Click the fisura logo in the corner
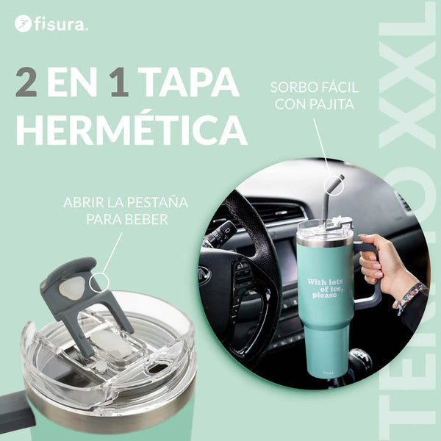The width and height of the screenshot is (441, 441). [x=51, y=24]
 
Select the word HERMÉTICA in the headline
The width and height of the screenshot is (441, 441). [x=131, y=129]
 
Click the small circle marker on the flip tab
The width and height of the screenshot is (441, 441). [x=98, y=282]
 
